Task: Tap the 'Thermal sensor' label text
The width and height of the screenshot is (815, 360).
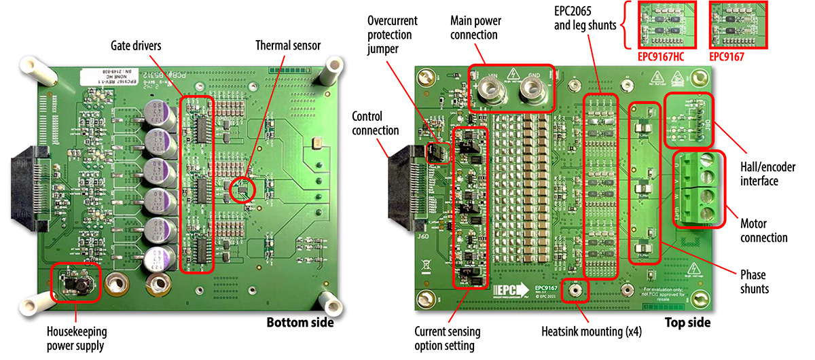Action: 288,46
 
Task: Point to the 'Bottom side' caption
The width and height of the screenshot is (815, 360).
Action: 299,322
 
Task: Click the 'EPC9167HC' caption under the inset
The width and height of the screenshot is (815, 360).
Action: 661,56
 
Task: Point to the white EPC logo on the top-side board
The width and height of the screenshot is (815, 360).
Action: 509,290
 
